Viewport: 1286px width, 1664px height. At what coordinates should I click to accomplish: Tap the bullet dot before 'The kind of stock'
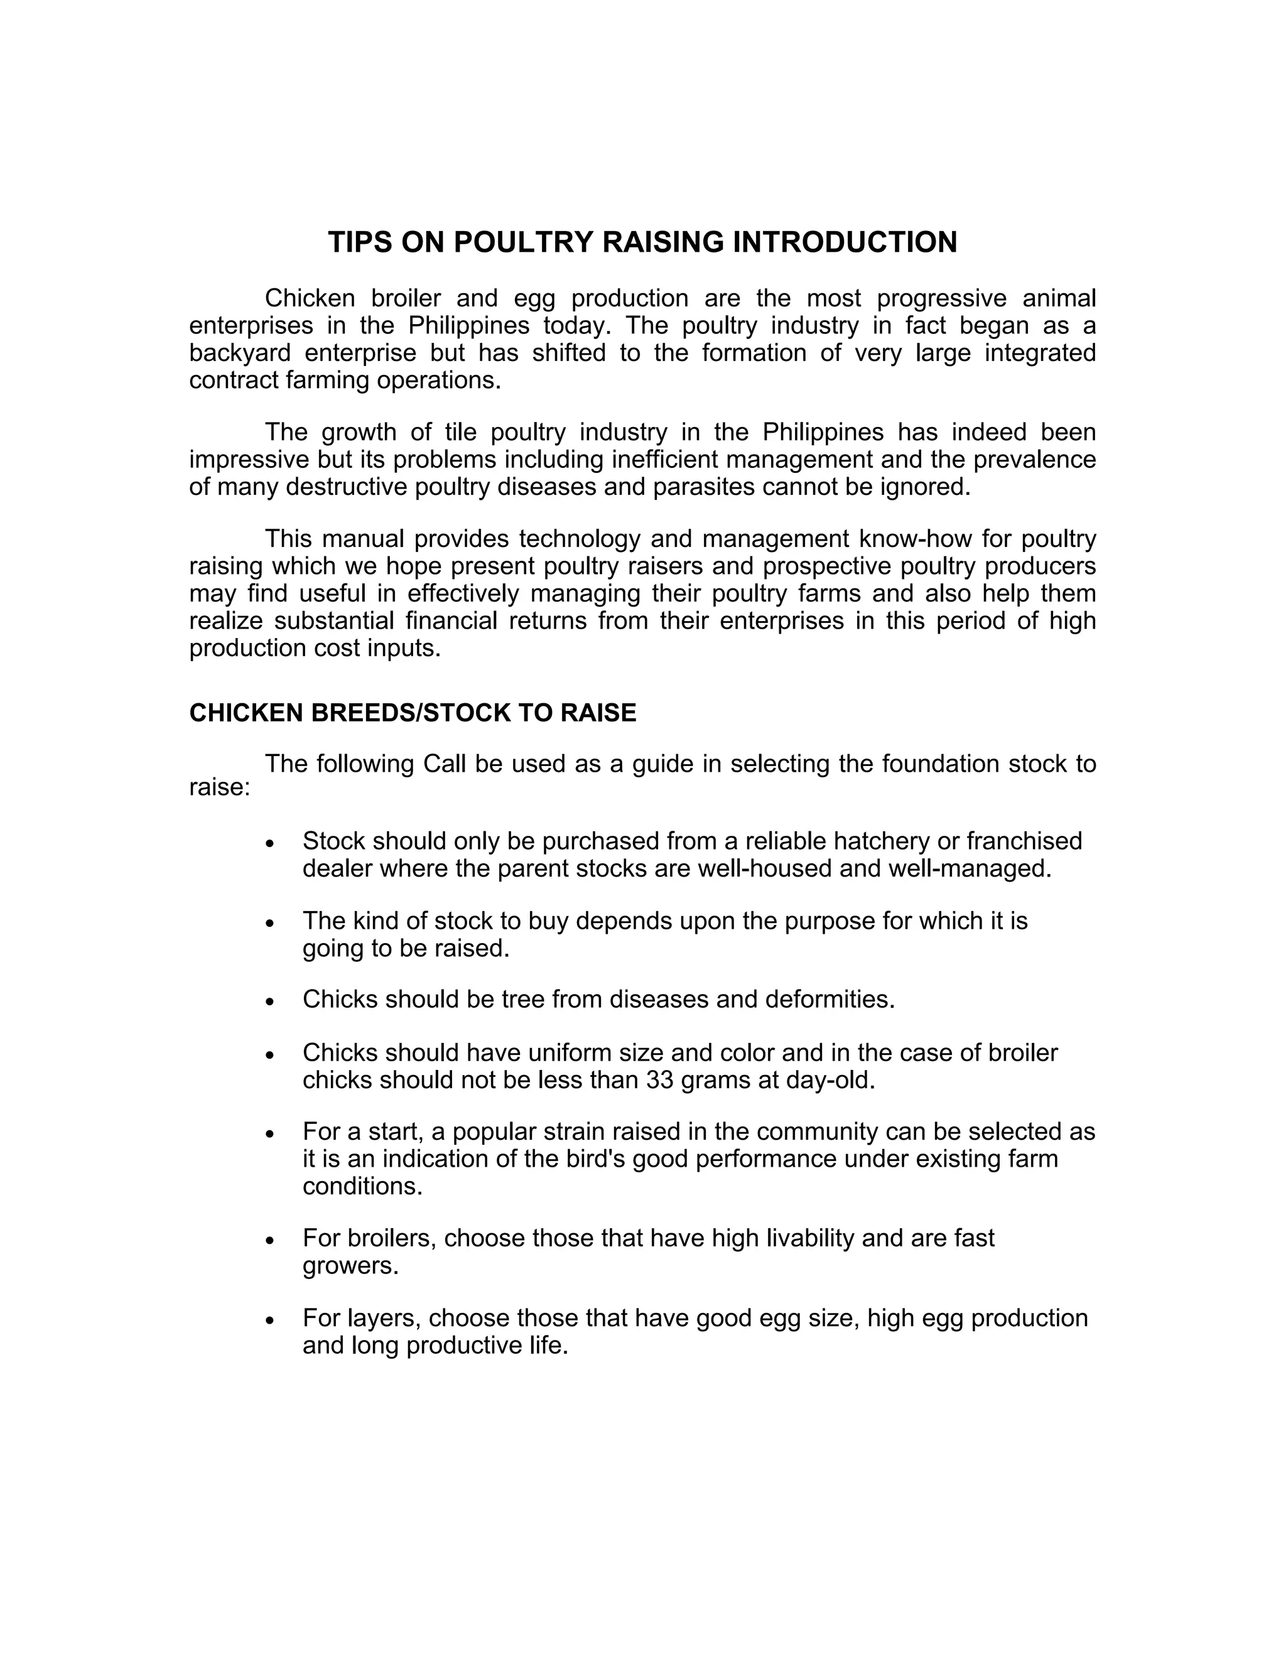point(269,922)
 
